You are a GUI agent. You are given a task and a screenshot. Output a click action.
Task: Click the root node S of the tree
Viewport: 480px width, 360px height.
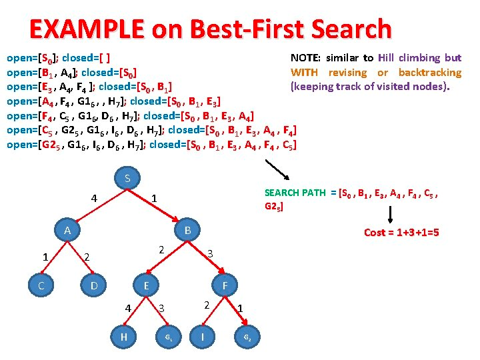coord(127,179)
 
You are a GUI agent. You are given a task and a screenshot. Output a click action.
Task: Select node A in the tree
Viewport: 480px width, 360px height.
coord(67,231)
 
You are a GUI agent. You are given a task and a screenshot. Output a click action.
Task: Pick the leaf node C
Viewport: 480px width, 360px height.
coord(41,285)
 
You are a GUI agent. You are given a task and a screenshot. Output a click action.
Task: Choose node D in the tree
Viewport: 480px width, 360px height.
coord(94,285)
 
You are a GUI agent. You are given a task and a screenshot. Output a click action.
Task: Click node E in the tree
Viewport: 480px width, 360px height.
coord(145,285)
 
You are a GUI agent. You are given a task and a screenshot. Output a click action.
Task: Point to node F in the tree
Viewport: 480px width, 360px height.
coord(225,285)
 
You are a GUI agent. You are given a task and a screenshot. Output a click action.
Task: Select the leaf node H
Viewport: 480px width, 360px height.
coord(123,337)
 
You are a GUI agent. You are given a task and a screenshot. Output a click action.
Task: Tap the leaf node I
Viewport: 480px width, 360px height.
coord(202,337)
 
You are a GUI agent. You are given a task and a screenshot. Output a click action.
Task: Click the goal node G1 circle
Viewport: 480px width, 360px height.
coord(169,337)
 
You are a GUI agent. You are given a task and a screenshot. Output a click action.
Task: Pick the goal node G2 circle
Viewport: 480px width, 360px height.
coord(247,337)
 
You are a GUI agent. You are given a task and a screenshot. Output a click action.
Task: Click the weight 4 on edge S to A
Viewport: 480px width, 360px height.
coord(95,198)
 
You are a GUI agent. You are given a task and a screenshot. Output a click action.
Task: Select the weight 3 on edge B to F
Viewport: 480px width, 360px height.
coord(209,253)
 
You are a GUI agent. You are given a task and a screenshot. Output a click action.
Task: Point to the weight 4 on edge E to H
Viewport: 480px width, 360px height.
coord(128,308)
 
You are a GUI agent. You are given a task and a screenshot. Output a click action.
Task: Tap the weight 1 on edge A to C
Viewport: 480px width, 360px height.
coord(45,257)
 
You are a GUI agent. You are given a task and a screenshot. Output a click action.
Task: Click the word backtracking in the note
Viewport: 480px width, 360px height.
coord(429,72)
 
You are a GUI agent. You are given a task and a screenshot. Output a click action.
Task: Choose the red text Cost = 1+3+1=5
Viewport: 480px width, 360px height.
coord(401,232)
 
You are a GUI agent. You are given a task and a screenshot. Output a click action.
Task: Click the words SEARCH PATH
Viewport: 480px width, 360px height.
coord(295,193)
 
